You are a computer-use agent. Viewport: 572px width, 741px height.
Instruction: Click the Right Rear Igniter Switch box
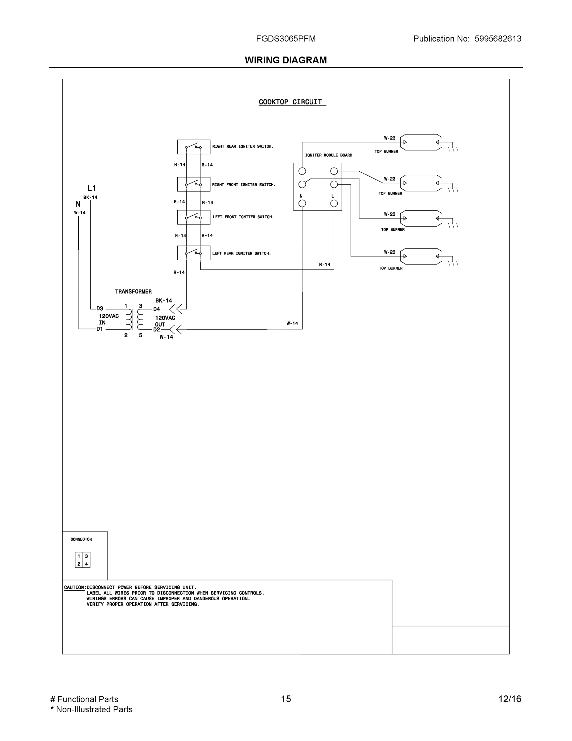(193, 147)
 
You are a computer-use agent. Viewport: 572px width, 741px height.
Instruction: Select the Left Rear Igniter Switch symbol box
(193, 253)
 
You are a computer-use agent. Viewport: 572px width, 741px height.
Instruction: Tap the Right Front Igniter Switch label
(244, 185)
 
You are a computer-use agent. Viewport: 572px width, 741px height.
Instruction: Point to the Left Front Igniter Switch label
(243, 217)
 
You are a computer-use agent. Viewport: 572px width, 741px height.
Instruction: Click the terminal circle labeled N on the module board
(302, 203)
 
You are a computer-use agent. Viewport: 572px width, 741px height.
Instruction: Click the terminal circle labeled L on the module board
(334, 203)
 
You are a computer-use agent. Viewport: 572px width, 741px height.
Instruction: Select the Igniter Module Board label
(328, 155)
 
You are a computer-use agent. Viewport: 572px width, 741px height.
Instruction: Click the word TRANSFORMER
(133, 291)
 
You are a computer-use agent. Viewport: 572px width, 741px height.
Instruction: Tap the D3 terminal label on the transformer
(100, 308)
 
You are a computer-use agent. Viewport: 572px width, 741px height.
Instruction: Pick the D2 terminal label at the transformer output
(157, 329)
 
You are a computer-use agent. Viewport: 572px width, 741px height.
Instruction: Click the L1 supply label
(92, 188)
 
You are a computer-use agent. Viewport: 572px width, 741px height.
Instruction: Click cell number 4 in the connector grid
(86, 564)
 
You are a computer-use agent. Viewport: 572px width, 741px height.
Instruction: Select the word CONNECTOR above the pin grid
(81, 539)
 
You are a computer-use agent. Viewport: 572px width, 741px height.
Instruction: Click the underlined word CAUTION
(74, 587)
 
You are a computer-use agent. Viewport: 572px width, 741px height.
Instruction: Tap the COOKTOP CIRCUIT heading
(290, 102)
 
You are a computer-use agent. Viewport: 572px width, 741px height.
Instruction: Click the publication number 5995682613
(498, 39)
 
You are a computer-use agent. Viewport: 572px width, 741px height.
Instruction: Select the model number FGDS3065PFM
(286, 39)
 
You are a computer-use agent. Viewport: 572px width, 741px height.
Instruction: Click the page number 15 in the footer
(286, 699)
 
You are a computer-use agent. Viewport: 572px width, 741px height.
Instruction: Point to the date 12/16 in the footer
(510, 699)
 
